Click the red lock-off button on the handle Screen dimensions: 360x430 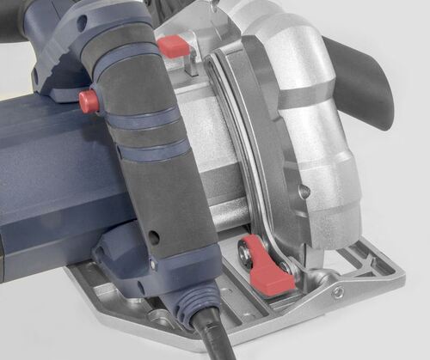click(x=89, y=101)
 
